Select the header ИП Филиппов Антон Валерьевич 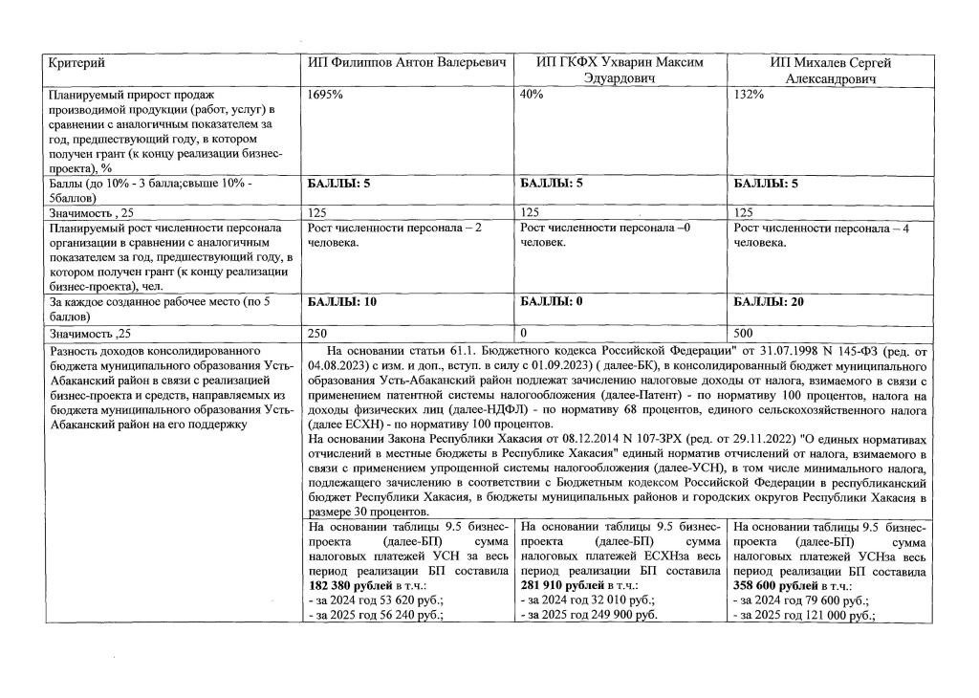(406, 63)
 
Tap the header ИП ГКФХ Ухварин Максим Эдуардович (620, 71)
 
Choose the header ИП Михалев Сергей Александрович (830, 71)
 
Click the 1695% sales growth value (326, 95)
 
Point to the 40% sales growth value (532, 95)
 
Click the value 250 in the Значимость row (319, 335)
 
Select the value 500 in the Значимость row (745, 335)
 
